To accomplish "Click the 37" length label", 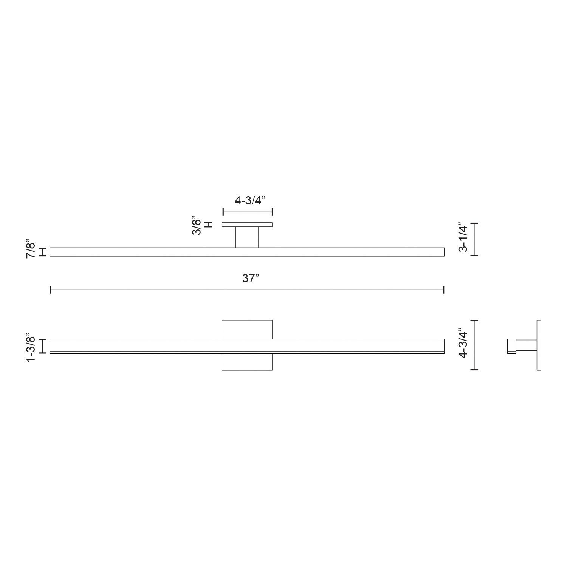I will (x=250, y=279).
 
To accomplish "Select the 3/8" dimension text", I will (x=196, y=225).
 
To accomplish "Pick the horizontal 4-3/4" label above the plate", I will (x=248, y=201).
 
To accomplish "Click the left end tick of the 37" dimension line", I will (x=51, y=290).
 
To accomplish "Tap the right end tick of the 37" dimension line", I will (x=444, y=290).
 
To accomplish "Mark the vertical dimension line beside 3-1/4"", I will (x=476, y=239).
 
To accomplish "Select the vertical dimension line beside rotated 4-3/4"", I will (x=476, y=345).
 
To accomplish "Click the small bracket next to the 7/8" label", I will (x=43, y=252).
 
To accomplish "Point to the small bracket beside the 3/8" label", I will (x=208, y=225).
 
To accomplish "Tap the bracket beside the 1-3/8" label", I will (x=43, y=346).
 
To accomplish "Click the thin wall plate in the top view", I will (x=247, y=225).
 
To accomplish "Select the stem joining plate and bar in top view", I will (x=247, y=237).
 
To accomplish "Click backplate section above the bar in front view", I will (x=247, y=329).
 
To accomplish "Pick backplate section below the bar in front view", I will (x=247, y=362).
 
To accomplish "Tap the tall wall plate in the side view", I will (x=539, y=345).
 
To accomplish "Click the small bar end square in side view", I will (x=511, y=346).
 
